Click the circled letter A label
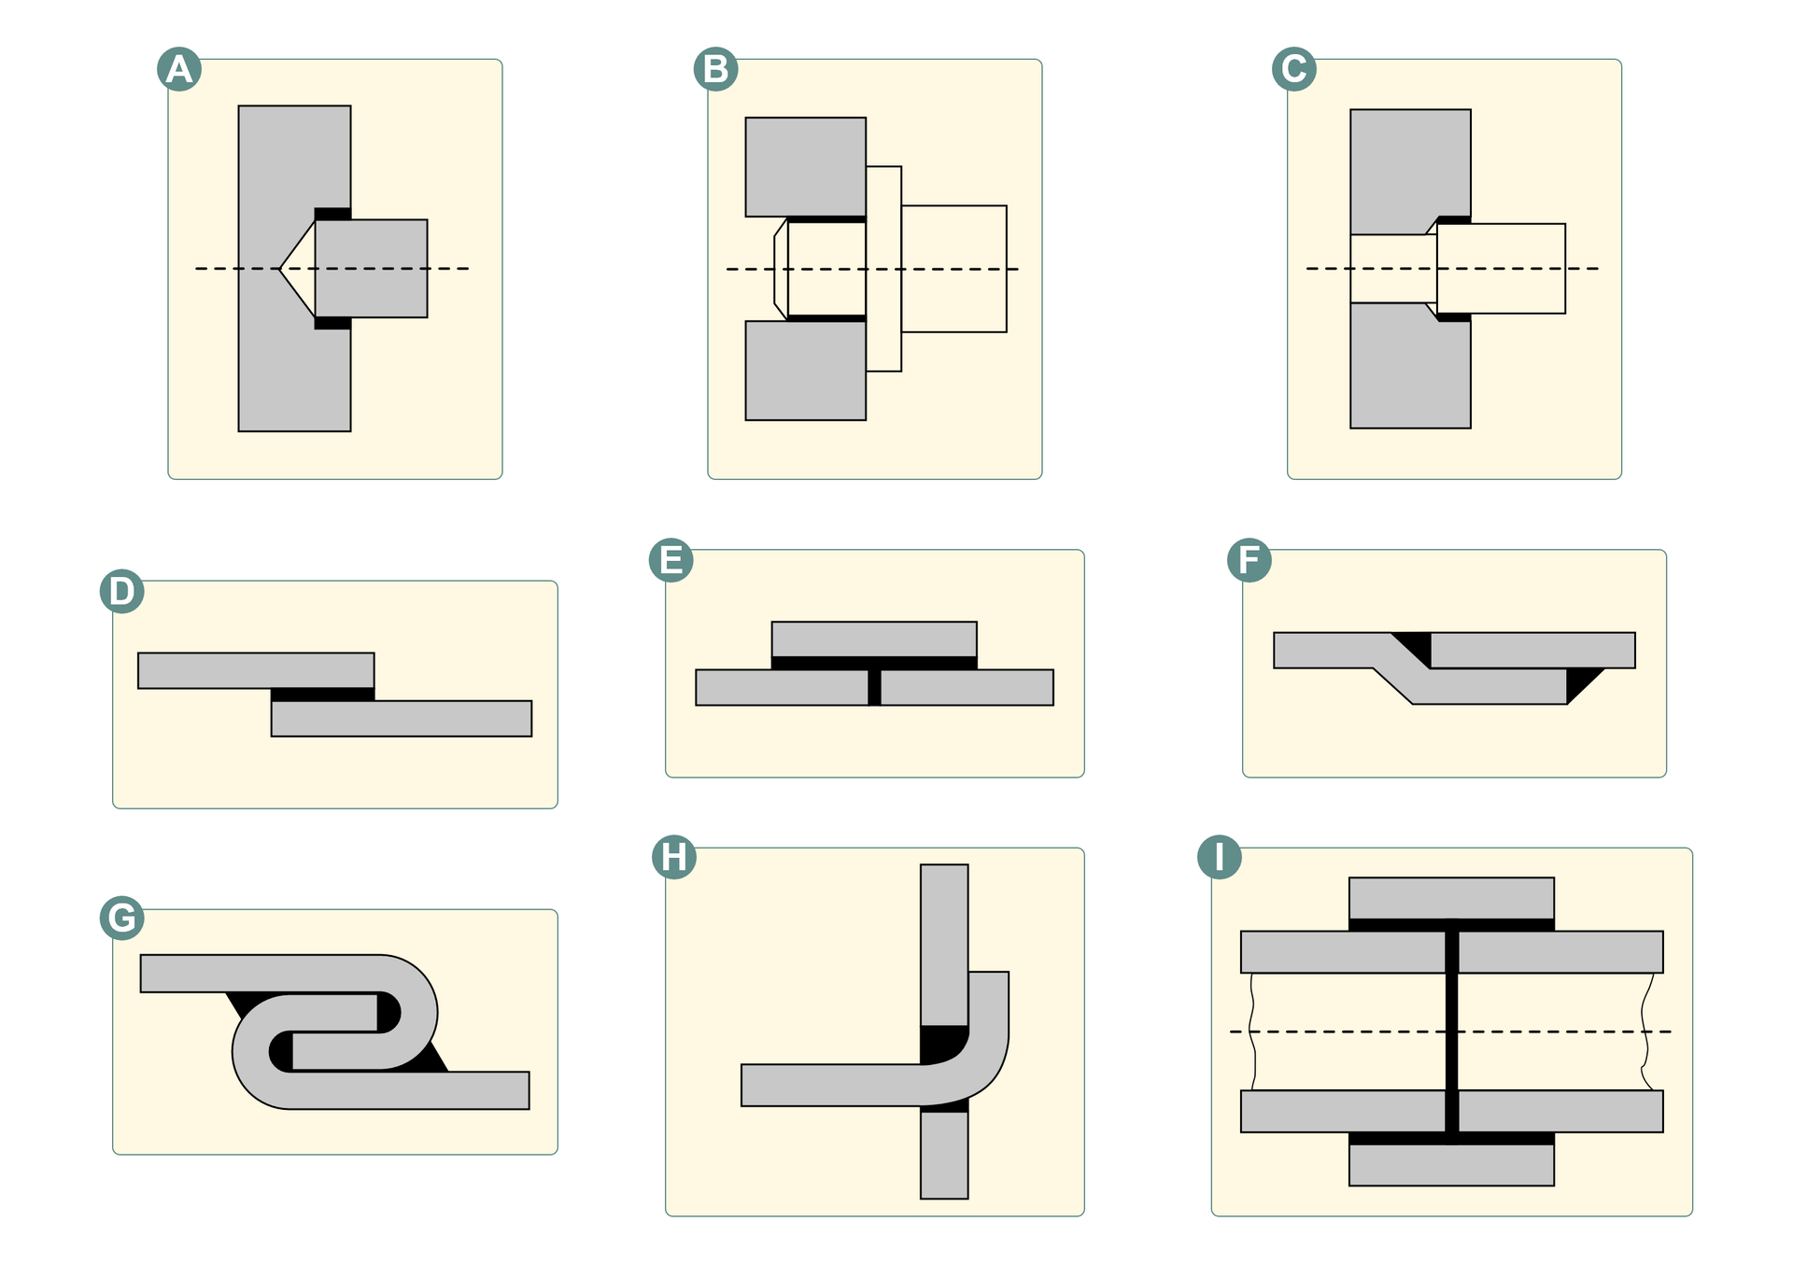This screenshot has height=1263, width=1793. pos(179,69)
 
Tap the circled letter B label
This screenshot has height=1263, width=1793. pos(716,69)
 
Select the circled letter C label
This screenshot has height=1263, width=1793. pos(1294,69)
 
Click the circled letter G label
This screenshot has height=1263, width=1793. pos(122,918)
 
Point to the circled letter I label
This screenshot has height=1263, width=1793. pos(1220,857)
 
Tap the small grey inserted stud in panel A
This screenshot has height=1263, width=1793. pos(371,268)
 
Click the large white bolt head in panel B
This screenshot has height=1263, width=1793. pos(953,268)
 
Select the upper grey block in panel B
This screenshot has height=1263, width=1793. pos(805,167)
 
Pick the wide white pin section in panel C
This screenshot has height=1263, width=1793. pos(1501,268)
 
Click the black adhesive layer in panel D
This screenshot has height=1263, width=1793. pos(322,695)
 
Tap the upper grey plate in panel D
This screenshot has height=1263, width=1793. pos(256,670)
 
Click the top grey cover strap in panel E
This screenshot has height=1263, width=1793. pos(874,639)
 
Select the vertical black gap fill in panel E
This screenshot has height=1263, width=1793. pos(874,688)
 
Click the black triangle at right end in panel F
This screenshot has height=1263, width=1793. pos(1579,681)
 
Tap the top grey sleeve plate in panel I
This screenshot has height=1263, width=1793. pos(1451,897)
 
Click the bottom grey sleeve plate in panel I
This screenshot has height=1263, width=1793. pos(1451,1165)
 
